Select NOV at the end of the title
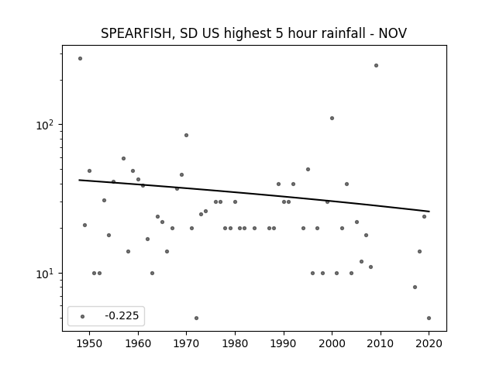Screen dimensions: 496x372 tap(393, 33)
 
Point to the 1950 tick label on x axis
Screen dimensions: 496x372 tap(89, 343)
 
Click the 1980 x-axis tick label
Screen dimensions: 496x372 tap(235, 343)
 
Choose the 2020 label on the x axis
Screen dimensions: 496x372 tap(429, 343)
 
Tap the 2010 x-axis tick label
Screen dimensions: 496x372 tap(381, 343)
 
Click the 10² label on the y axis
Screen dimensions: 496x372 tap(47, 125)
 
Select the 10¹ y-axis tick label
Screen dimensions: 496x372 tap(47, 274)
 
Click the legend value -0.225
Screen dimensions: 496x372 tap(122, 315)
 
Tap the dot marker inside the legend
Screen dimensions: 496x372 tap(83, 316)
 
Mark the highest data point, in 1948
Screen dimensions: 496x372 tap(80, 59)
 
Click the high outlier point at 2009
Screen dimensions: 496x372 tap(376, 65)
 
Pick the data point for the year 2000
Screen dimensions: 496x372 tap(332, 119)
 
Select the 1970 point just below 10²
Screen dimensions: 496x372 tap(186, 136)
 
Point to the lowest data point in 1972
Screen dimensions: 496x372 tap(196, 319)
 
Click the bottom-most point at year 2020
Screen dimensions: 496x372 tap(429, 319)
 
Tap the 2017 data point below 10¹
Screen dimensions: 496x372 tap(415, 288)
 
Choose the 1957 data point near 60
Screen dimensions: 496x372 tap(124, 158)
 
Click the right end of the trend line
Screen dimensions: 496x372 tap(429, 212)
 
